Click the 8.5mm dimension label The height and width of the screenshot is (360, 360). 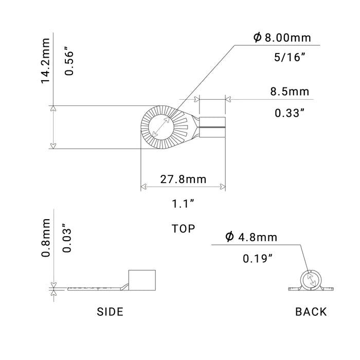pyautogui.click(x=290, y=92)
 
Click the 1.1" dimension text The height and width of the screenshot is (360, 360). pyautogui.click(x=184, y=204)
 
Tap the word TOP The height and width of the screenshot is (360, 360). pyautogui.click(x=184, y=229)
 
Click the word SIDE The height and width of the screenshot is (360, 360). pyautogui.click(x=110, y=311)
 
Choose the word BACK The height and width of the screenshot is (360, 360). pyautogui.click(x=311, y=311)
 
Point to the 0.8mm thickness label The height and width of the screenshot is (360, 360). pyautogui.click(x=46, y=238)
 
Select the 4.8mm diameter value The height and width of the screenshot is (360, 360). pyautogui.click(x=257, y=237)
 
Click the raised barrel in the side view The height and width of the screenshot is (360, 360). pyautogui.click(x=141, y=279)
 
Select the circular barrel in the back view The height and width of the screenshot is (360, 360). pyautogui.click(x=310, y=278)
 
